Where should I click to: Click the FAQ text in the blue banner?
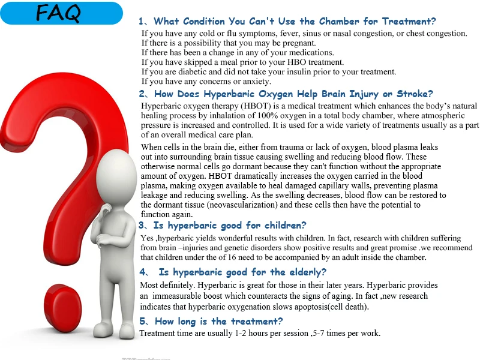(x=58, y=13)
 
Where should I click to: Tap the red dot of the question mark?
(x=62, y=308)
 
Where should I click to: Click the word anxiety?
(x=256, y=82)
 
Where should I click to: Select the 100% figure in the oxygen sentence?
(x=268, y=115)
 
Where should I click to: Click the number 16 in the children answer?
(x=232, y=257)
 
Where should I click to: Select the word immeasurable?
(x=174, y=296)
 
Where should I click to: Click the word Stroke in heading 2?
(x=415, y=94)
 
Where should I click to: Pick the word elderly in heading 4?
(x=308, y=272)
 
